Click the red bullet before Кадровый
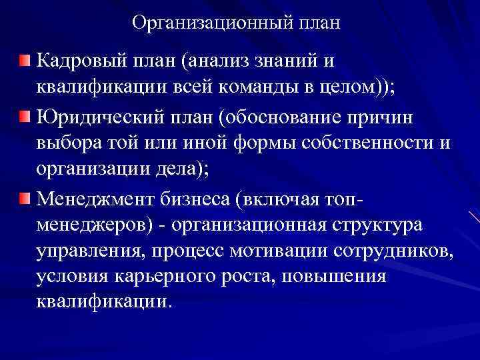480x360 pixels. pos(25,62)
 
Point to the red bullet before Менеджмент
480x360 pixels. pos(25,199)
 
